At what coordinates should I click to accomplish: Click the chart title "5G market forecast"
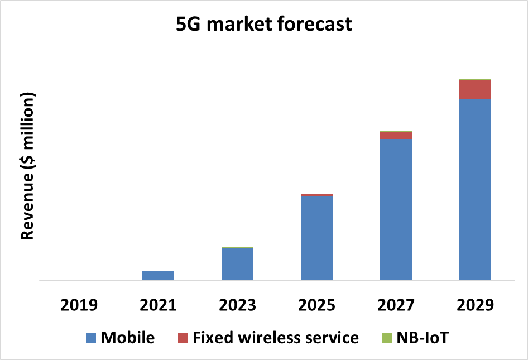[264, 25]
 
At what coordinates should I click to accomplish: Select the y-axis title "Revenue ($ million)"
[27, 165]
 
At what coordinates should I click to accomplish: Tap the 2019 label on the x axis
[79, 305]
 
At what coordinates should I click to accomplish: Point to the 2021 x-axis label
[158, 305]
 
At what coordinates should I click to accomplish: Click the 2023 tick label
[237, 305]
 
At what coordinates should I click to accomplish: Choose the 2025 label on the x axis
[316, 305]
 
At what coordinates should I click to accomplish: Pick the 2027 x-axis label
[396, 305]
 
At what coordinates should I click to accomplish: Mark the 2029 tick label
[475, 305]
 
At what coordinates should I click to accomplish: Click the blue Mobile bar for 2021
[158, 275]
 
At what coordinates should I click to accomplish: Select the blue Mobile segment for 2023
[237, 264]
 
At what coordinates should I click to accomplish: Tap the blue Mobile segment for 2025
[316, 238]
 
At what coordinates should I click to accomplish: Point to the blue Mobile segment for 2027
[396, 209]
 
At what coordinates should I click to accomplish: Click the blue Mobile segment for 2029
[475, 190]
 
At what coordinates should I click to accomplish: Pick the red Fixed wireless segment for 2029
[475, 90]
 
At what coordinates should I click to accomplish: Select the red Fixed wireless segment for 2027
[396, 136]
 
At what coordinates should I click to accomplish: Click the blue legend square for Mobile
[91, 338]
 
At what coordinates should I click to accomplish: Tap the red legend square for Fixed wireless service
[183, 338]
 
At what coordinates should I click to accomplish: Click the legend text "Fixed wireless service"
[276, 338]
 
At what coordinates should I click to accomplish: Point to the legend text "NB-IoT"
[423, 338]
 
